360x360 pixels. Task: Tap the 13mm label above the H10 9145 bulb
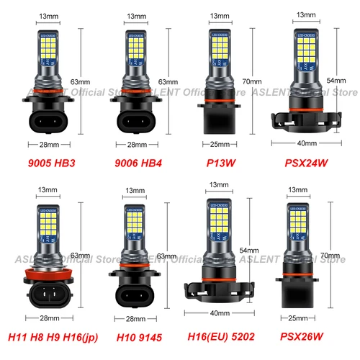(x=135, y=191)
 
